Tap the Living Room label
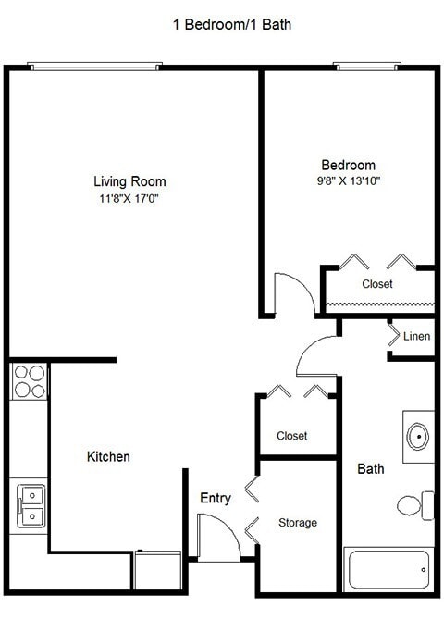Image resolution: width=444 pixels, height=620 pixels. click(x=129, y=181)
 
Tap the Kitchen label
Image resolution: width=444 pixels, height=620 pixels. click(x=108, y=457)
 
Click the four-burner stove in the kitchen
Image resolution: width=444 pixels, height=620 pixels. click(x=30, y=381)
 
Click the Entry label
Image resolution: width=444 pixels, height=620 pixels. click(x=216, y=499)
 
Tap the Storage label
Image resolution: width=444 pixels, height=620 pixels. click(x=298, y=523)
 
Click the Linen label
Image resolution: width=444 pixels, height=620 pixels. click(x=416, y=337)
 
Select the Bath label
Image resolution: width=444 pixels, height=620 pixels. click(x=371, y=469)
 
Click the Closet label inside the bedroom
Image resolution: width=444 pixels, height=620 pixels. click(x=377, y=284)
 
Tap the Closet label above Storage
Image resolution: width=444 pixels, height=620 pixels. click(x=292, y=436)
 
